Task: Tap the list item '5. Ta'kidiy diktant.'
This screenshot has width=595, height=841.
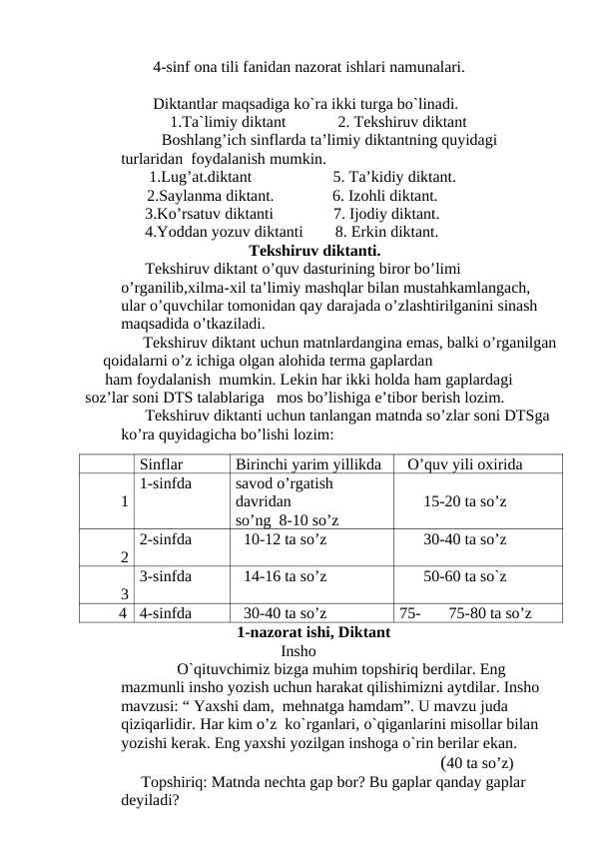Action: [394, 179]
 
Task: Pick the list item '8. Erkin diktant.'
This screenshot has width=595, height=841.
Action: [385, 233]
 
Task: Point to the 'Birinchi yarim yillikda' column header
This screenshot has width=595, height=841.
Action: [308, 463]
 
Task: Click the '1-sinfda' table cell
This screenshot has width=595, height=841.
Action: [166, 482]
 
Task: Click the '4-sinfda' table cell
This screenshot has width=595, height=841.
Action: [166, 612]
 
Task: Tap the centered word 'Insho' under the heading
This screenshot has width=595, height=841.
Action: [299, 649]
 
